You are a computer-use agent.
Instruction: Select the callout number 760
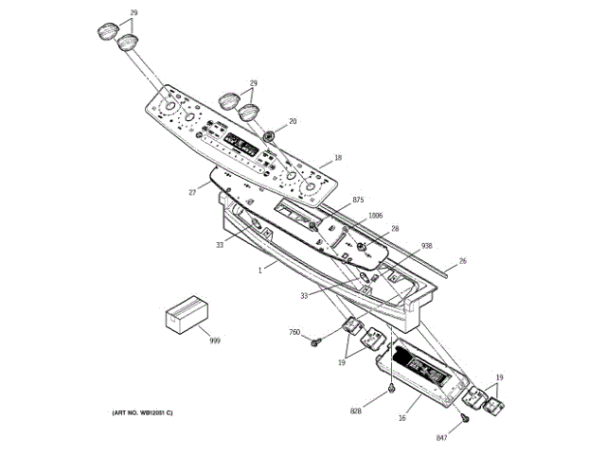click(294, 332)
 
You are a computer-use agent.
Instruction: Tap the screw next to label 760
click(315, 340)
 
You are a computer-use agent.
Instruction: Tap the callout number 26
click(463, 260)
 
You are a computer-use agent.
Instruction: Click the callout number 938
click(427, 245)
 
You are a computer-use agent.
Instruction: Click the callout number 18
click(338, 158)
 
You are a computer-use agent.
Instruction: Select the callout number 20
click(293, 121)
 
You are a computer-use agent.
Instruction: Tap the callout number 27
click(192, 192)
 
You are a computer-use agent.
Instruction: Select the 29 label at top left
click(133, 12)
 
